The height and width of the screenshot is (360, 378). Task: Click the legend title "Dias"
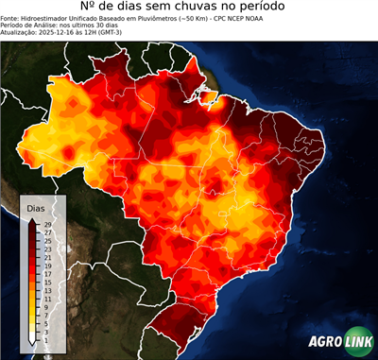point(36,207)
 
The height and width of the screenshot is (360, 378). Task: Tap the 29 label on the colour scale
point(46,225)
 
